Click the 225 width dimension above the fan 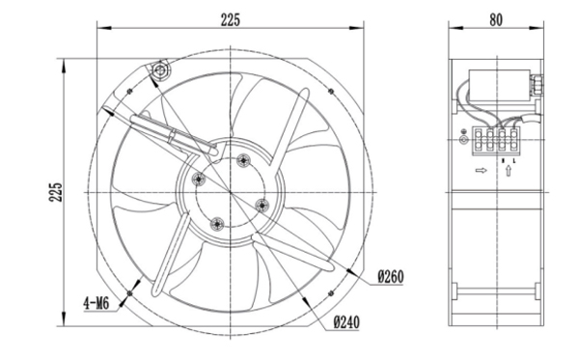(x=231, y=18)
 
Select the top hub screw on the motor (x=242, y=158)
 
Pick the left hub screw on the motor (x=199, y=178)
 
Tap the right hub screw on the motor (x=261, y=204)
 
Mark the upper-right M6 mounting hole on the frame (x=331, y=92)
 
